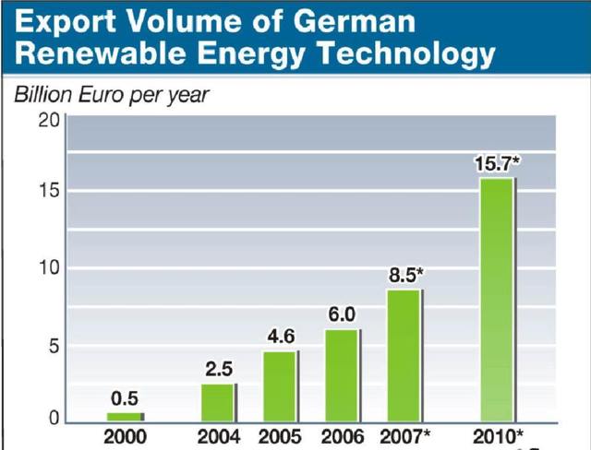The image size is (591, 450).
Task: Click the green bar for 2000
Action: tap(125, 417)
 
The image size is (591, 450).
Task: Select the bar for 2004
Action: tap(218, 401)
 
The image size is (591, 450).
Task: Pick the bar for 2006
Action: tap(342, 374)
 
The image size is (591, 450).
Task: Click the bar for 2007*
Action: tap(404, 355)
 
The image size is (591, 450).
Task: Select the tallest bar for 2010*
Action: tap(497, 299)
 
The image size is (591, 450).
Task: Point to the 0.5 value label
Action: tap(125, 399)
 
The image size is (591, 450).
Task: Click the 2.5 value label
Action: tap(218, 370)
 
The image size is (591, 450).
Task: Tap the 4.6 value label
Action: tap(281, 337)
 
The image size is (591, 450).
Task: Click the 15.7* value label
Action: tap(498, 163)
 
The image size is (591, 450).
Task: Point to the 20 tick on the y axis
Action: tap(49, 121)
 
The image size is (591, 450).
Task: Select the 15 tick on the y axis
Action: tap(49, 192)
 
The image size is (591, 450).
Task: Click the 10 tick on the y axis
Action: tap(49, 268)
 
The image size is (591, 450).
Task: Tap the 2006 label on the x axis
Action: tap(343, 436)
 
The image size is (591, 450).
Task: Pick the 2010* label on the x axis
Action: tap(499, 436)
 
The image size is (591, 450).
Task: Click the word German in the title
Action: tap(356, 20)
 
